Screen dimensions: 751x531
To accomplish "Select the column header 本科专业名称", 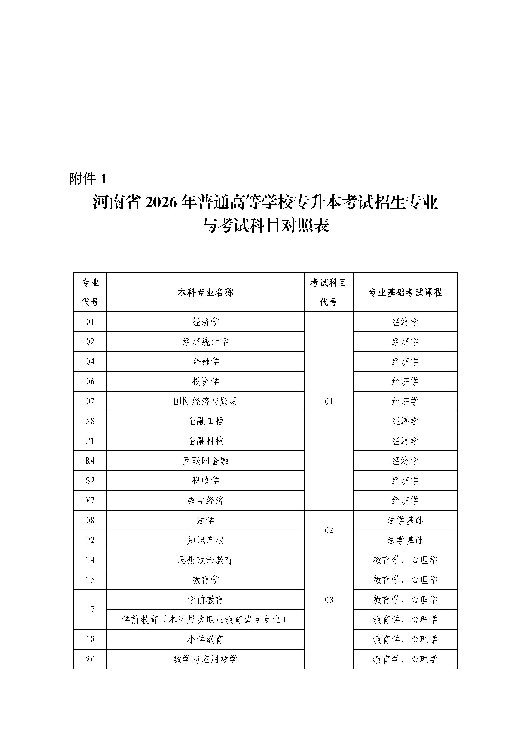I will (205, 292).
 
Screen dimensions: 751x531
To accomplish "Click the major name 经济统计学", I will (205, 342).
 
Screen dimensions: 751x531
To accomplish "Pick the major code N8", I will (90, 421).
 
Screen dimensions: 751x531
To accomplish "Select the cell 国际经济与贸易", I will (205, 401).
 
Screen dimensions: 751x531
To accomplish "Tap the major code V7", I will (90, 501).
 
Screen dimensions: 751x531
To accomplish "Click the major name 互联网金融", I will (205, 461).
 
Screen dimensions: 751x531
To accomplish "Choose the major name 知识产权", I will (205, 540).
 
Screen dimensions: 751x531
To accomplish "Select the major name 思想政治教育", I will (205, 560).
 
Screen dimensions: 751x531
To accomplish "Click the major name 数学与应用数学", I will (205, 659).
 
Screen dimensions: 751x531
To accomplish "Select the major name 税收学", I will (205, 480).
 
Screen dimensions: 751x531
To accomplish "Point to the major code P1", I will (90, 441).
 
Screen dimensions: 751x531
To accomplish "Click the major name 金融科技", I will (205, 441).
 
